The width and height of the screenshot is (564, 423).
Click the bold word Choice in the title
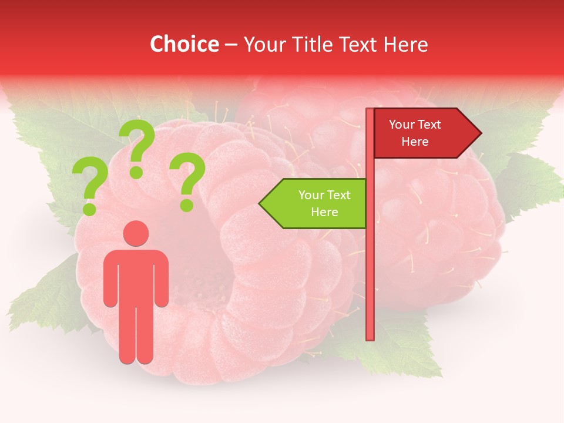pos(184,44)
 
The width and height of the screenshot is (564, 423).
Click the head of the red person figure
pos(136,233)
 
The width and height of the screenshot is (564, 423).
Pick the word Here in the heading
pos(405,44)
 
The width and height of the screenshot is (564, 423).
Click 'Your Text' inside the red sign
pos(415,125)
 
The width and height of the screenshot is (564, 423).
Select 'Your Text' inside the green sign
pos(324,195)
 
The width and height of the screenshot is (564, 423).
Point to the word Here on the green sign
pos(324,212)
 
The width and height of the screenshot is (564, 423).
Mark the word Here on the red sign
pos(415,142)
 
